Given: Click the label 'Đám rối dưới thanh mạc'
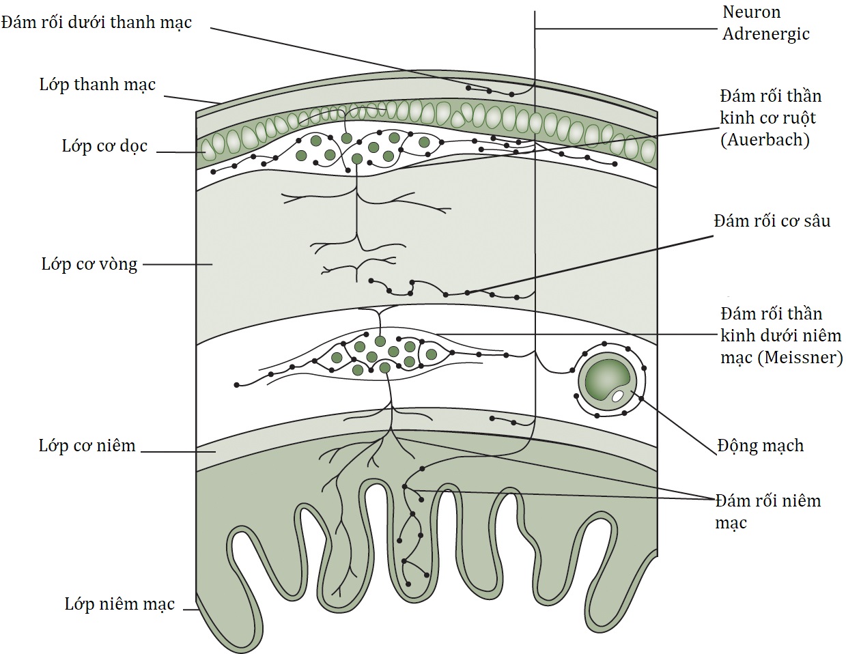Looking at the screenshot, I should click(96, 23).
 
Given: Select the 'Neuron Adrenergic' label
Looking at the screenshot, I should click(765, 23).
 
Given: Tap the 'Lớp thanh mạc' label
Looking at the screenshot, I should click(97, 85).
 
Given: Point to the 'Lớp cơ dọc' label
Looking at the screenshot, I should click(104, 147).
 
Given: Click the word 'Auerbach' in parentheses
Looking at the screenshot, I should click(765, 139).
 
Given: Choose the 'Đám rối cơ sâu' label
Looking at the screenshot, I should click(772, 221).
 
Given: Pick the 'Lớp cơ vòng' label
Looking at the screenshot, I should click(89, 264).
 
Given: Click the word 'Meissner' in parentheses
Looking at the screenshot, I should click(800, 357).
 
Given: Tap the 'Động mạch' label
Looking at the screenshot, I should click(761, 446).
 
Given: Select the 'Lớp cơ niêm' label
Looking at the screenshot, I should click(87, 446).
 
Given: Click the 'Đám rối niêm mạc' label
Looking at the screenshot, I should click(767, 511).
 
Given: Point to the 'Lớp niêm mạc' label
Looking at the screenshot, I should click(119, 604).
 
